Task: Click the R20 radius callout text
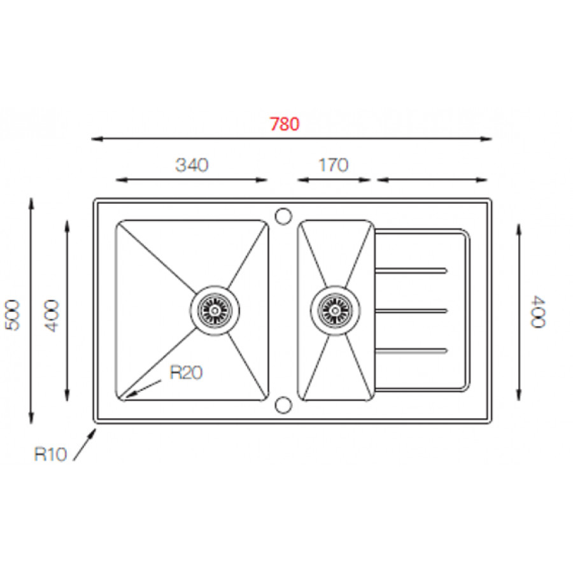pyautogui.click(x=186, y=373)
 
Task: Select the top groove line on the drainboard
pyautogui.click(x=411, y=272)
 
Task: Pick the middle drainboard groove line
pyautogui.click(x=411, y=311)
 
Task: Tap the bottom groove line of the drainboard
pyautogui.click(x=411, y=350)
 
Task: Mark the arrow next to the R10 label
pyautogui.click(x=85, y=444)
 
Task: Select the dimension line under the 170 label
pyautogui.click(x=334, y=180)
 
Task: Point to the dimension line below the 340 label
pyautogui.click(x=192, y=180)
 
